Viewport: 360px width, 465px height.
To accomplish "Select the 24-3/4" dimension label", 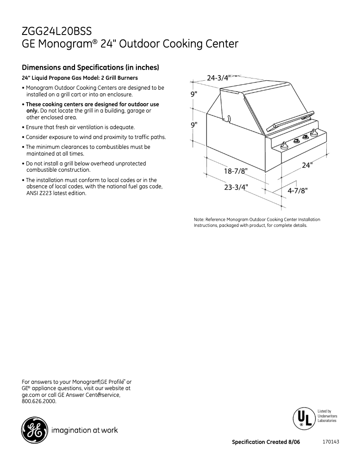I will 219,78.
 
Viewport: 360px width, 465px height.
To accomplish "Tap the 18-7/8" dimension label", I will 236,171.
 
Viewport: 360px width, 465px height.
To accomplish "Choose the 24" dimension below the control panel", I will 307,165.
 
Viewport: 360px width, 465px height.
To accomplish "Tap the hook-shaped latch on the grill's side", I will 228,118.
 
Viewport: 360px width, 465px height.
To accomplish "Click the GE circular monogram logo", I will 34,430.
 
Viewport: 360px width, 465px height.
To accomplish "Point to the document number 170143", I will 330,442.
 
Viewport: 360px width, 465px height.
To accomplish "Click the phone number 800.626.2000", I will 39,401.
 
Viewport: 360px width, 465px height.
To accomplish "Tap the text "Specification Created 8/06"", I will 265,442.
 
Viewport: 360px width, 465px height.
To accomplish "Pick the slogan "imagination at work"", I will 85,430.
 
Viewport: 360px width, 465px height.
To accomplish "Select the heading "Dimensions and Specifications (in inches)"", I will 91,68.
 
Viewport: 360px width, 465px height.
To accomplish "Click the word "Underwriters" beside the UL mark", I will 327,416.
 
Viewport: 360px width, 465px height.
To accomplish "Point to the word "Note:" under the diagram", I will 199,219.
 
